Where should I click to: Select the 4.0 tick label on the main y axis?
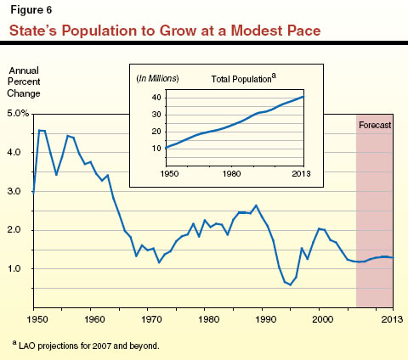pos(17,152)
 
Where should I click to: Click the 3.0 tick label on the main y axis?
pos(17,191)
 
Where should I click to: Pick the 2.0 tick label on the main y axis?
pos(17,230)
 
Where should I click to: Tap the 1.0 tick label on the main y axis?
pos(17,269)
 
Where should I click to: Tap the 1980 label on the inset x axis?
pos(234,174)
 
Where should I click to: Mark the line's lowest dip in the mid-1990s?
pos(290,285)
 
